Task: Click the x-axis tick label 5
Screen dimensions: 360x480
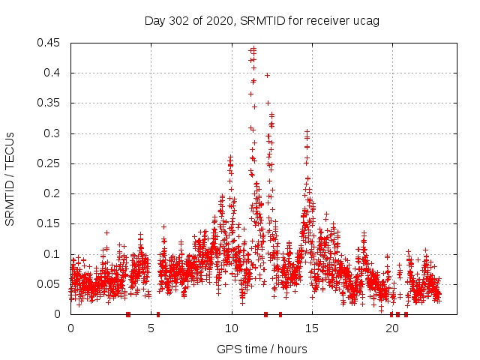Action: [x=151, y=328]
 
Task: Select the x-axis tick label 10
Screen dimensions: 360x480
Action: [x=232, y=328]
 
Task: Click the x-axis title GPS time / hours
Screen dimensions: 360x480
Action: [x=262, y=349]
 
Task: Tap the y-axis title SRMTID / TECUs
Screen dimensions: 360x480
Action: [x=10, y=178]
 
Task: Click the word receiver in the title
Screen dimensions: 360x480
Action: [x=331, y=20]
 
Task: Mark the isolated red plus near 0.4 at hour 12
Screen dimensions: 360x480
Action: [x=267, y=75]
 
